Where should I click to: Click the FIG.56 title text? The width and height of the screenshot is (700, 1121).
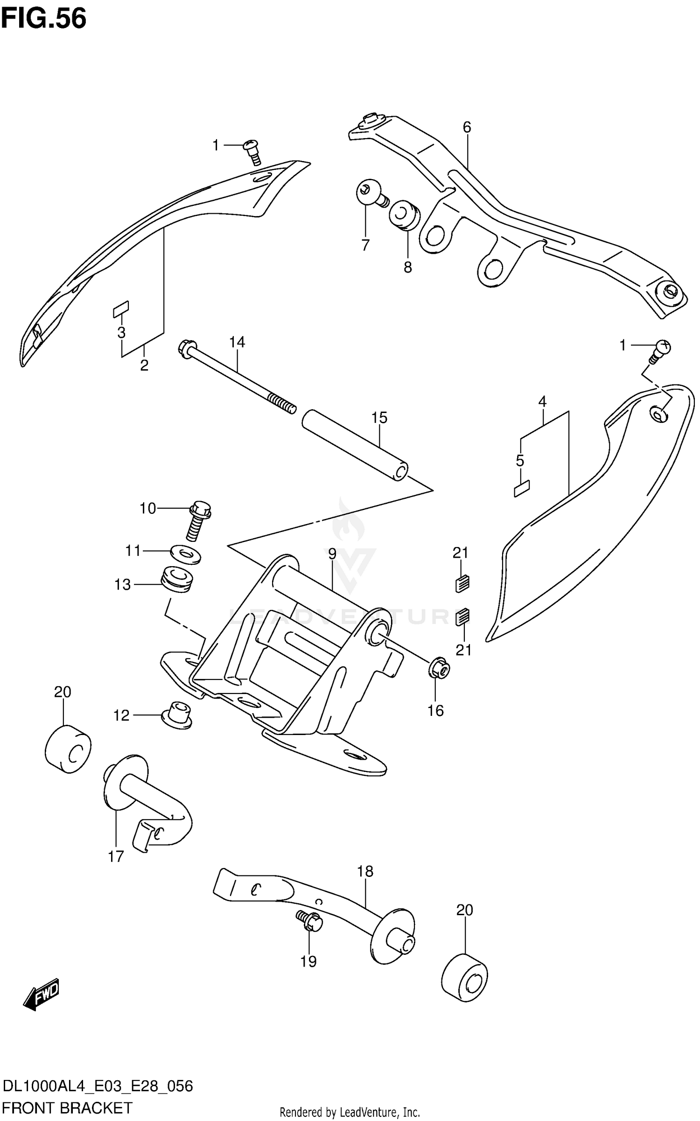(x=43, y=19)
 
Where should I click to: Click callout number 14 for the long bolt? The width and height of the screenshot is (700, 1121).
(x=237, y=342)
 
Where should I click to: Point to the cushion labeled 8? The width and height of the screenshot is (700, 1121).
(x=405, y=216)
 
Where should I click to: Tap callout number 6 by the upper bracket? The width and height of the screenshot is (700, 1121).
(x=467, y=127)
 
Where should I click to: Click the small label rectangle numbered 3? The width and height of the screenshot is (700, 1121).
(x=121, y=309)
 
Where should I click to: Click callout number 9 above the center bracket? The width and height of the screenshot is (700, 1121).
(x=332, y=554)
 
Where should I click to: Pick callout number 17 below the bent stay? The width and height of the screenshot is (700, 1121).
(x=116, y=856)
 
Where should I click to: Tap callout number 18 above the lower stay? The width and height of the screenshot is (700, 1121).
(x=365, y=871)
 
